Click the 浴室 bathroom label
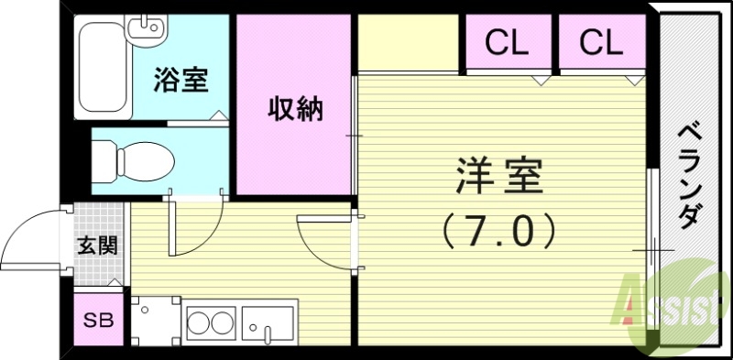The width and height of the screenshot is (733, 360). (180, 81)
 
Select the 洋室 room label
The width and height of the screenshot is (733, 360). (500, 175)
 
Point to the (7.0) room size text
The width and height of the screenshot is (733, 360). (500, 229)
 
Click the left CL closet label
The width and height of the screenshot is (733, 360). (507, 41)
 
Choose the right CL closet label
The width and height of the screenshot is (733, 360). (601, 41)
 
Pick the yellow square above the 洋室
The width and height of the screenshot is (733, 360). (408, 42)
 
